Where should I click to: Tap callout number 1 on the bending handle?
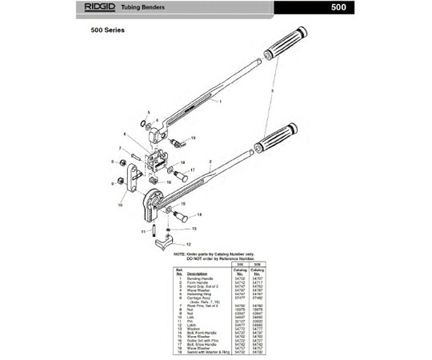point(219,102)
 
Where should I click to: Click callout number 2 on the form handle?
point(210,161)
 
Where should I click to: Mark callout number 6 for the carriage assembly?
point(125,134)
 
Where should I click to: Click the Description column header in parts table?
point(202,274)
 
